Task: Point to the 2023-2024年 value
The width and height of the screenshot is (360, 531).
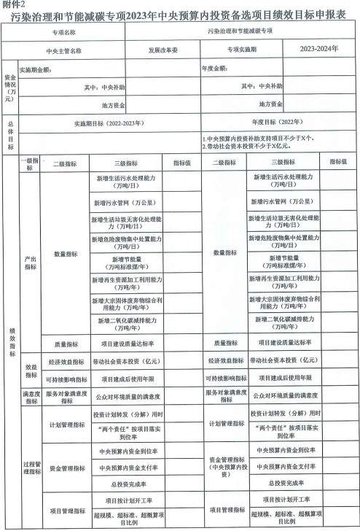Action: (319, 50)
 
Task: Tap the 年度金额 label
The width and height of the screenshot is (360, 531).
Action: (215, 70)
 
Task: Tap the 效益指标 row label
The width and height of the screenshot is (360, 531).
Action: (31, 370)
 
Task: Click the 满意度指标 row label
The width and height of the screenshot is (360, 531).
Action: (31, 395)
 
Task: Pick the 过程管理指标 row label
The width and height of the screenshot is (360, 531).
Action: (31, 468)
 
